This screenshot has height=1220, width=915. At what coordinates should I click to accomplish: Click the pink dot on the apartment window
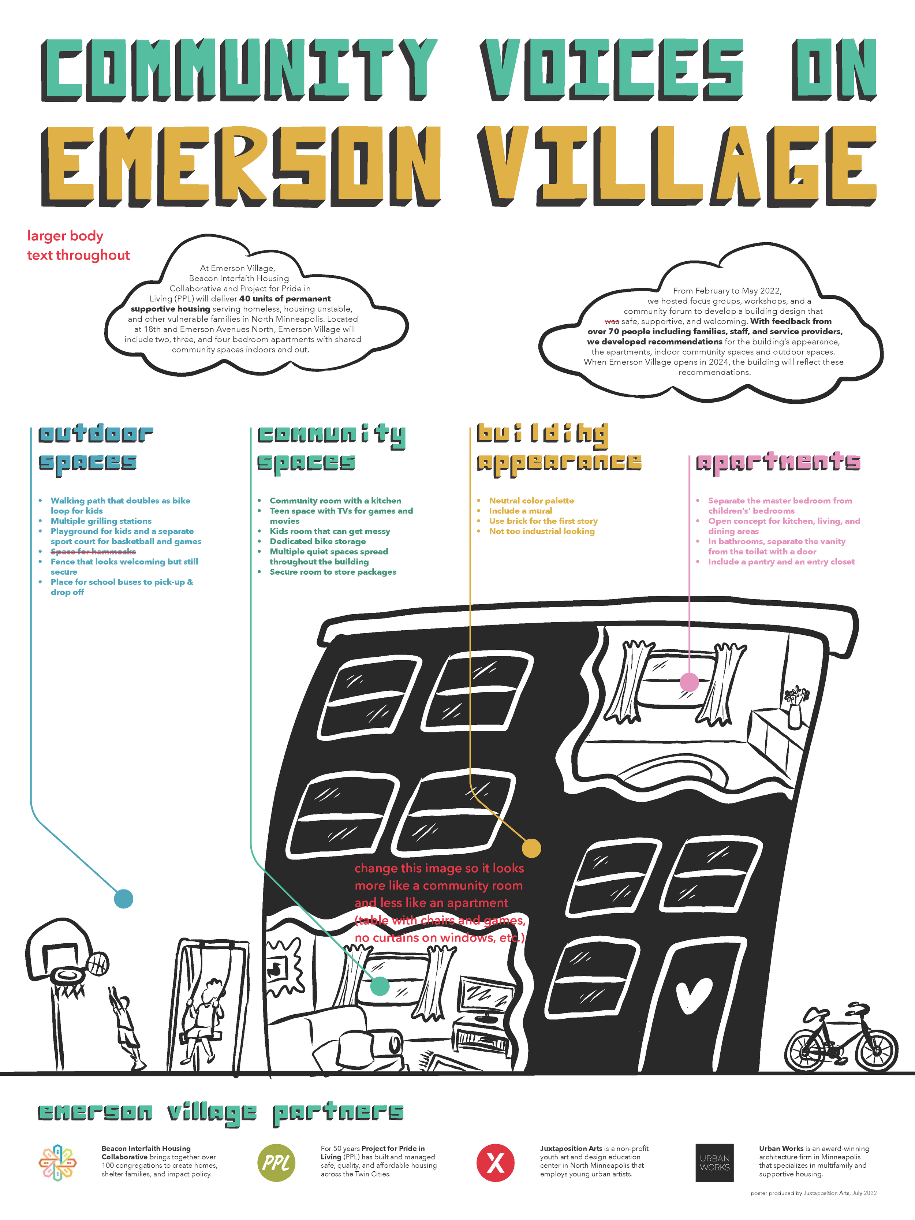click(689, 682)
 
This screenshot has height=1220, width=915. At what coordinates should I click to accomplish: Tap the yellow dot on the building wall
click(531, 848)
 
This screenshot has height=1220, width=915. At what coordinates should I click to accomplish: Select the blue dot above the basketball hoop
click(124, 899)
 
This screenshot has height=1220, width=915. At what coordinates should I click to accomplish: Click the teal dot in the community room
click(380, 986)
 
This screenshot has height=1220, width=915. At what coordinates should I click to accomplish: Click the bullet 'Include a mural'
click(520, 511)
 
